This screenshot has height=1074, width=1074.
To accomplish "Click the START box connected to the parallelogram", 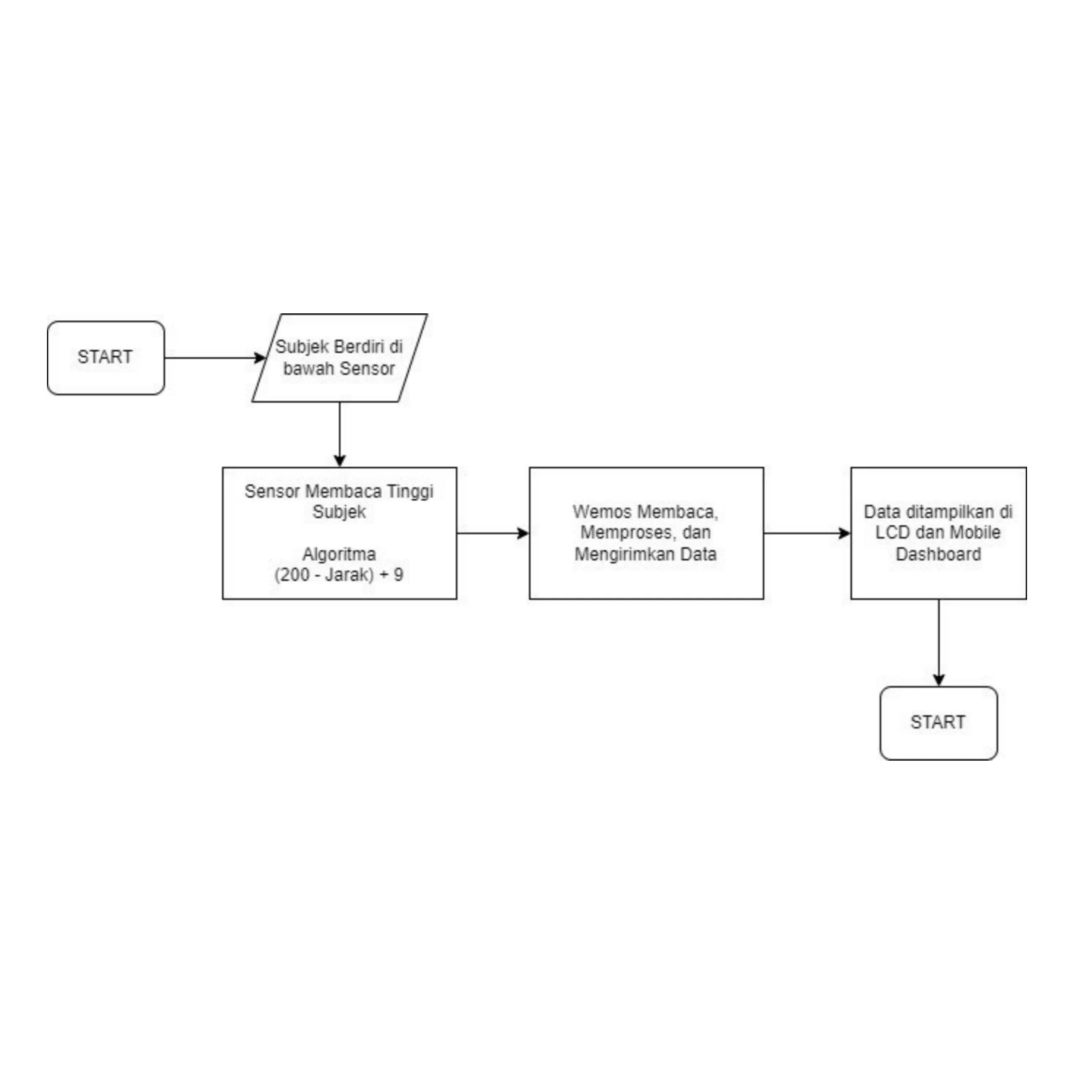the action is [x=106, y=358].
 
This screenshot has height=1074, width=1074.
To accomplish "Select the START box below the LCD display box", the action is [x=938, y=723].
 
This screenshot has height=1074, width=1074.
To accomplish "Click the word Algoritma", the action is [x=339, y=554].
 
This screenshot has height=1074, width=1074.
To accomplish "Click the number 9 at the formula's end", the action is [x=398, y=574].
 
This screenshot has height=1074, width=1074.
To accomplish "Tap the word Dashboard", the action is [x=938, y=554].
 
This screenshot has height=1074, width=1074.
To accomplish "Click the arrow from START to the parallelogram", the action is [x=215, y=357].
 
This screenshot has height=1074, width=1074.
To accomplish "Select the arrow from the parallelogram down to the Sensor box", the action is [x=340, y=434].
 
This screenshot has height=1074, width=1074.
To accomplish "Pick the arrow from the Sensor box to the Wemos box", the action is [x=493, y=533].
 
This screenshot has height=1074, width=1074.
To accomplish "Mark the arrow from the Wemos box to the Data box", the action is [x=807, y=533].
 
